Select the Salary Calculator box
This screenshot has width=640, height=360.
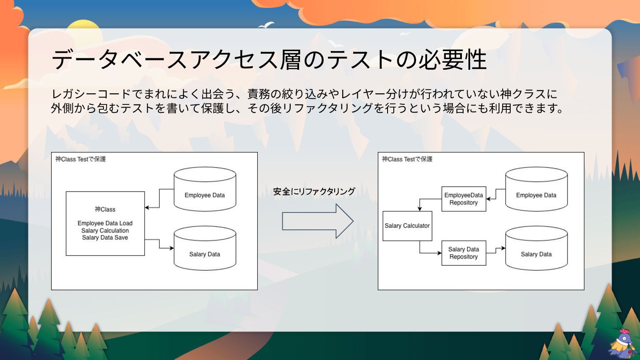[407, 226]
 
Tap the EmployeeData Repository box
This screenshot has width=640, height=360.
[464, 199]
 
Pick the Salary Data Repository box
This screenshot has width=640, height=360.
[464, 253]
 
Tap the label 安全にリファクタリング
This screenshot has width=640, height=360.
[314, 192]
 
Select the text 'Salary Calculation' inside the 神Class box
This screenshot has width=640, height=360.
[105, 231]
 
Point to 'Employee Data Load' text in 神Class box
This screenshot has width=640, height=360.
[105, 223]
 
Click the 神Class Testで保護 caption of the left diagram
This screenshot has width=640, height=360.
[81, 159]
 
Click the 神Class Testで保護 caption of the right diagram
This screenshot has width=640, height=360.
[407, 159]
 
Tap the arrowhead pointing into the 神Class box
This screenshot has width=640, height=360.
[147, 208]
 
